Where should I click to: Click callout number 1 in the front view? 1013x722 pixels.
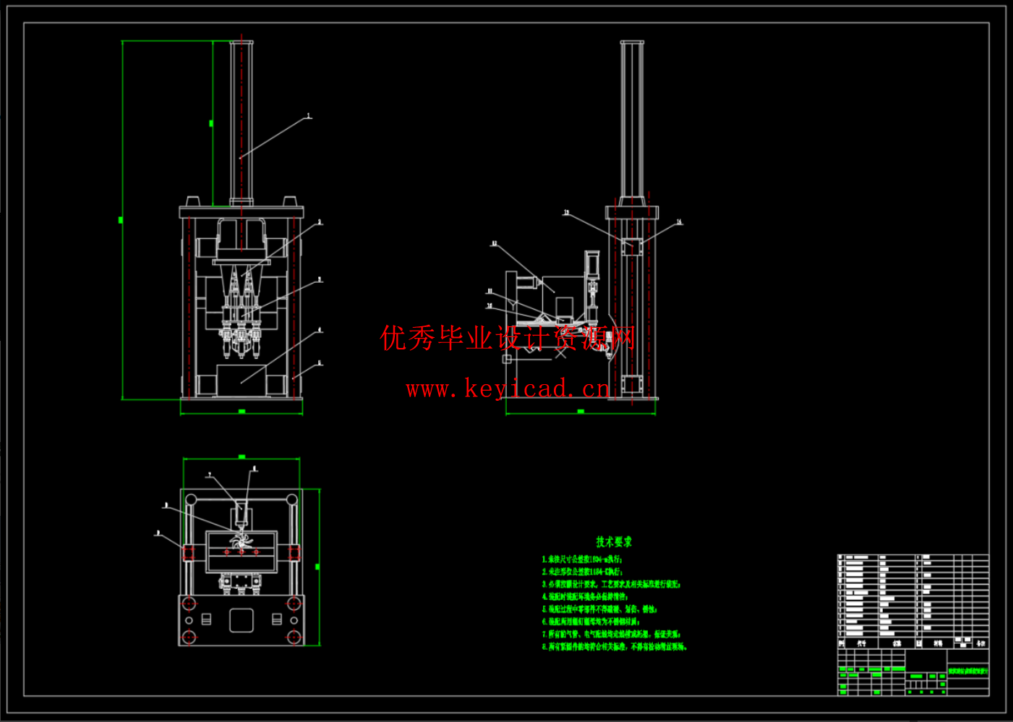[x=309, y=116]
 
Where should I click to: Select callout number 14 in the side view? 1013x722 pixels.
[x=679, y=222]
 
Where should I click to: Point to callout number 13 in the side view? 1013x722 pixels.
[x=567, y=213]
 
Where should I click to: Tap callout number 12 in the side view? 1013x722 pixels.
[x=495, y=244]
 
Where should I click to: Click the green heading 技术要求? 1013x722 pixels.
[x=614, y=542]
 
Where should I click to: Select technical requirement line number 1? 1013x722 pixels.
[x=582, y=559]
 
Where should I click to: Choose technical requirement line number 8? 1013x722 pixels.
[x=614, y=647]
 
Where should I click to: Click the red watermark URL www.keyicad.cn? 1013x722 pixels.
[x=508, y=389]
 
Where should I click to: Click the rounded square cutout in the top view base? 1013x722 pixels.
[x=242, y=620]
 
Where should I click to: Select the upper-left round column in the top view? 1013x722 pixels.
[x=192, y=499]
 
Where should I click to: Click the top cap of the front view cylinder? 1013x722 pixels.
[x=242, y=43]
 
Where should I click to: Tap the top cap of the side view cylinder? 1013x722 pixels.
[x=631, y=43]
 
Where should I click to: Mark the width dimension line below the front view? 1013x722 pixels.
[x=242, y=412]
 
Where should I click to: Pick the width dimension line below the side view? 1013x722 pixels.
[x=580, y=412]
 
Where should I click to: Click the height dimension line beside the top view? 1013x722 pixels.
[x=318, y=567]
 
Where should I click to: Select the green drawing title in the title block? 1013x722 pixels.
[x=968, y=671]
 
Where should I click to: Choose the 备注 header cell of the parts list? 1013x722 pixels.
[x=980, y=643]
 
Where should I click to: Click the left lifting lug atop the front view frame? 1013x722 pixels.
[x=192, y=201]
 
